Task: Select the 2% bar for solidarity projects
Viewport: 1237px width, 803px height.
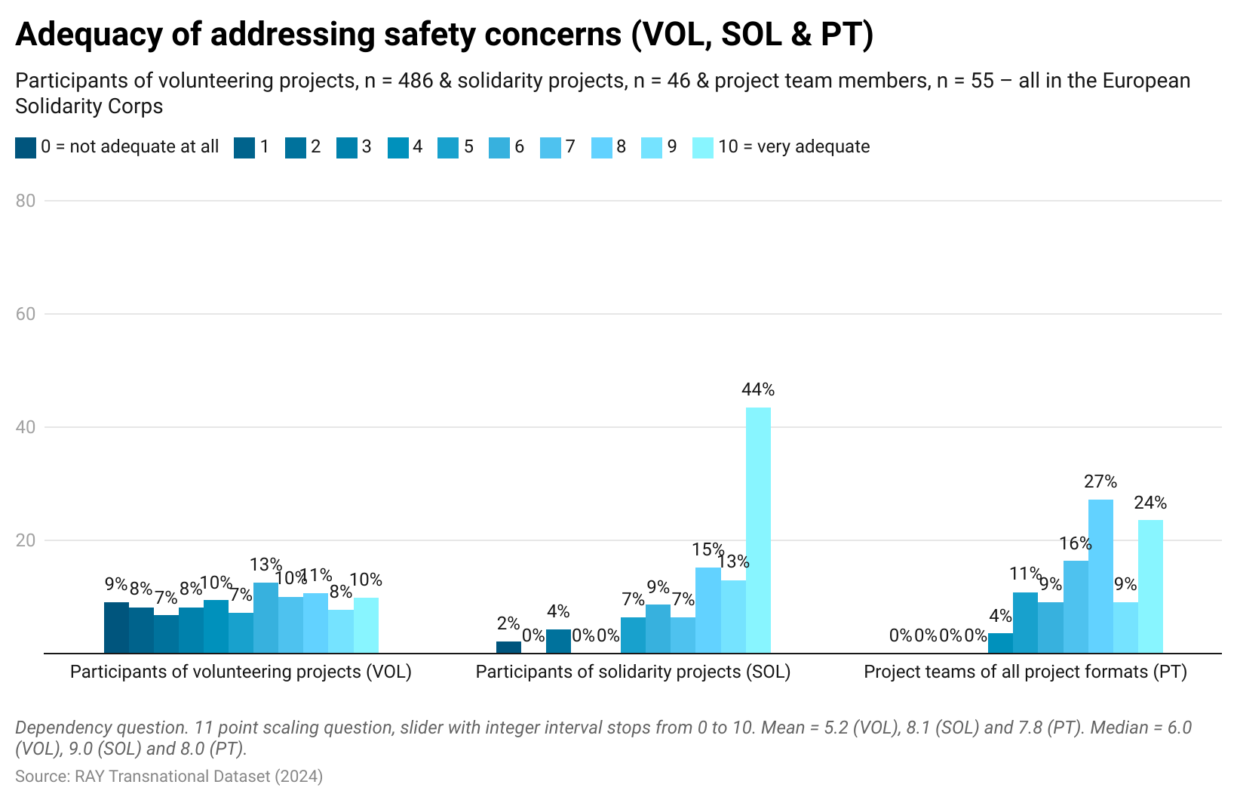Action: (x=508, y=647)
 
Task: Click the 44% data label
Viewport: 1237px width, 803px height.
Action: (x=758, y=389)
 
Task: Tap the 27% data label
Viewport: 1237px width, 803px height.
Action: (x=1100, y=481)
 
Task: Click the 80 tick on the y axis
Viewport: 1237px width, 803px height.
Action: (x=26, y=201)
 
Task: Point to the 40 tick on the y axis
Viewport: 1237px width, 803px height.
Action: (x=26, y=427)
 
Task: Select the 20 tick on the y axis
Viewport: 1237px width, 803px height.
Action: (x=26, y=540)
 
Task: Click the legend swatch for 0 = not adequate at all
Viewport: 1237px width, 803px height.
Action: (x=26, y=147)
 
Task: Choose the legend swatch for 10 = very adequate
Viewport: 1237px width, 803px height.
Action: (x=702, y=147)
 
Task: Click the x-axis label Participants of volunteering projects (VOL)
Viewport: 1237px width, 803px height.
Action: (x=241, y=672)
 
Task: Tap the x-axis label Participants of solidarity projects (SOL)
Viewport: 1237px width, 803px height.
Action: (x=633, y=672)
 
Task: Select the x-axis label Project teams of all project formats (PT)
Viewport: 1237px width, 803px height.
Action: (x=1025, y=672)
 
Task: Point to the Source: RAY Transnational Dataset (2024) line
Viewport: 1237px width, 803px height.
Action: (x=169, y=776)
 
